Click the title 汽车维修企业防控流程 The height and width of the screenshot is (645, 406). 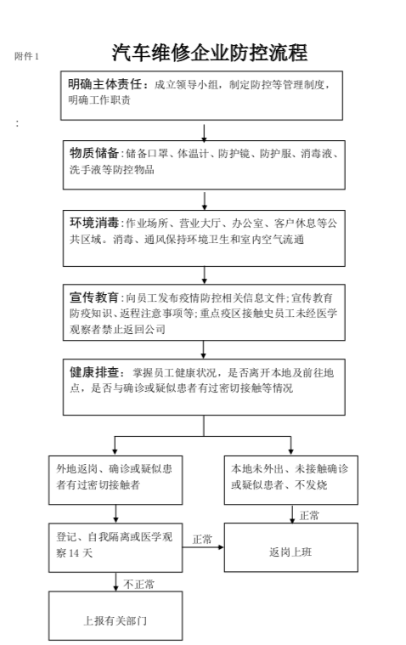(x=208, y=54)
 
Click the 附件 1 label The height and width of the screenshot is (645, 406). (x=27, y=57)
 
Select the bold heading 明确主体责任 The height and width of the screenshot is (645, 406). (x=108, y=84)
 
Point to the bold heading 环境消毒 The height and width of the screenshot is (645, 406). (x=93, y=223)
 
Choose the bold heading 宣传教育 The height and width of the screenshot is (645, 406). (x=93, y=297)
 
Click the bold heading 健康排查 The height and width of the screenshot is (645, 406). (x=93, y=372)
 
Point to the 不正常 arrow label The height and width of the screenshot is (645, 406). (x=139, y=585)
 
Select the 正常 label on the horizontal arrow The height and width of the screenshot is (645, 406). (x=202, y=539)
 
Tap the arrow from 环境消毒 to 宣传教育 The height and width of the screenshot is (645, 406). (x=205, y=274)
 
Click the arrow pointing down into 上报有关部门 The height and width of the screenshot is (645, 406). (x=116, y=584)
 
